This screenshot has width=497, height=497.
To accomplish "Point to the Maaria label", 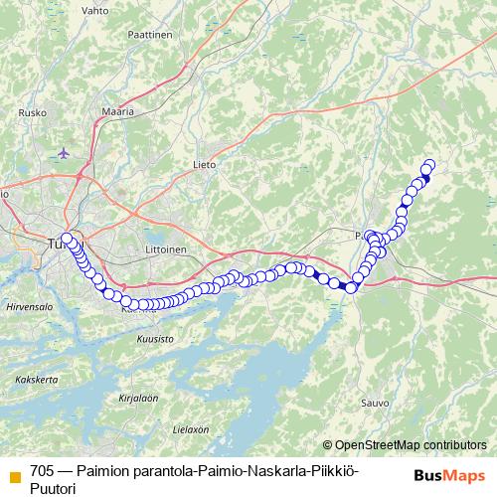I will (118, 112).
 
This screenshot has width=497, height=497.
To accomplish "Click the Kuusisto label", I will (155, 339).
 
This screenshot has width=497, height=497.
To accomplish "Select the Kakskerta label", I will (38, 380).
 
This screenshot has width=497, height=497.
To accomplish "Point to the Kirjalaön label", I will (139, 397).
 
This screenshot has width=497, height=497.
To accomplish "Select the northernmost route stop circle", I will (429, 165).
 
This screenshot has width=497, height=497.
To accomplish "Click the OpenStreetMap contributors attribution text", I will (411, 445).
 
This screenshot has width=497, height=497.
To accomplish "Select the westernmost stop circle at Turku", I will (67, 239).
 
